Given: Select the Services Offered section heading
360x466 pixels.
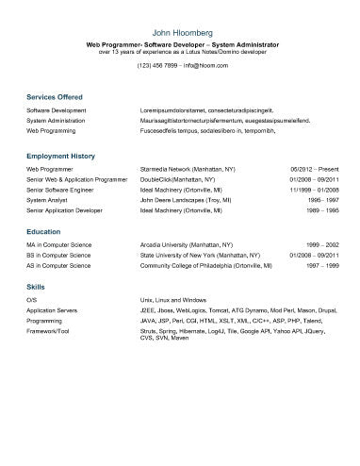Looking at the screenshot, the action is coord(55,97).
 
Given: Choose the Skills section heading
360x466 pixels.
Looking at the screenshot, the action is coord(36,285).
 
